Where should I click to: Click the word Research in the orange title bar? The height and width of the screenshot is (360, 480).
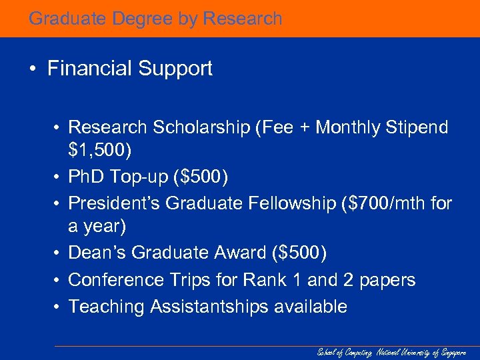(x=243, y=19)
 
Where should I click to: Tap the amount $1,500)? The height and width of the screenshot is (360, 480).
(x=100, y=152)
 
